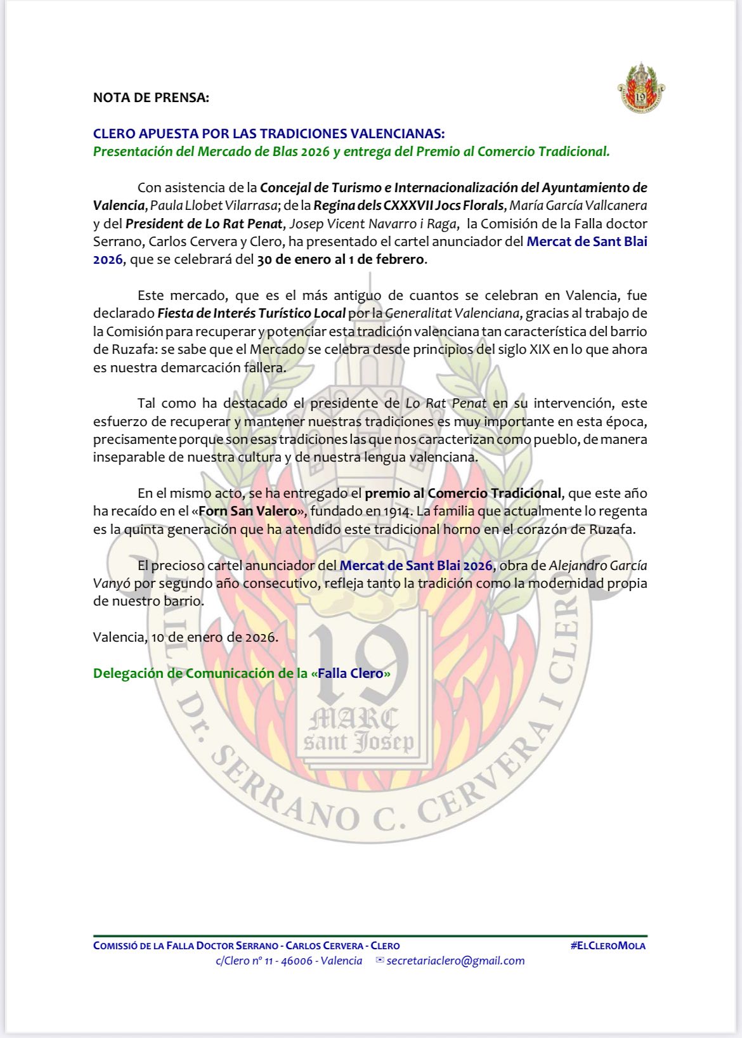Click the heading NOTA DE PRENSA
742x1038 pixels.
click(151, 98)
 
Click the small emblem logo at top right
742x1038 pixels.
click(641, 89)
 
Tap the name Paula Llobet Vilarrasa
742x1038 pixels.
click(214, 205)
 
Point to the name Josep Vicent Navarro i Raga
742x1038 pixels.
click(373, 224)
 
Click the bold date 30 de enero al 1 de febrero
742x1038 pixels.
click(341, 259)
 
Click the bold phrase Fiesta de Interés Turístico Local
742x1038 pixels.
click(251, 313)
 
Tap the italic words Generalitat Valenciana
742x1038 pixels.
click(453, 313)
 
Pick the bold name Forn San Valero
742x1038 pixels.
click(248, 511)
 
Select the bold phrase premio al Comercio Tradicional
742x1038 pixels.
click(463, 493)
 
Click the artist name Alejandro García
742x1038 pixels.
click(597, 566)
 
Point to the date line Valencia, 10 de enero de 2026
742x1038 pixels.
click(185, 637)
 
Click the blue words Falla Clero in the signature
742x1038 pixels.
click(351, 673)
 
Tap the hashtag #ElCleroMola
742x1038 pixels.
click(608, 945)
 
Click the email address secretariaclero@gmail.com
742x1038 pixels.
click(455, 961)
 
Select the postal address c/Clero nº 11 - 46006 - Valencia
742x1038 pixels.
click(289, 961)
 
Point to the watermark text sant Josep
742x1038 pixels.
click(359, 742)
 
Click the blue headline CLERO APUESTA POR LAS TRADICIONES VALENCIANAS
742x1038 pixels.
click(269, 134)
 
